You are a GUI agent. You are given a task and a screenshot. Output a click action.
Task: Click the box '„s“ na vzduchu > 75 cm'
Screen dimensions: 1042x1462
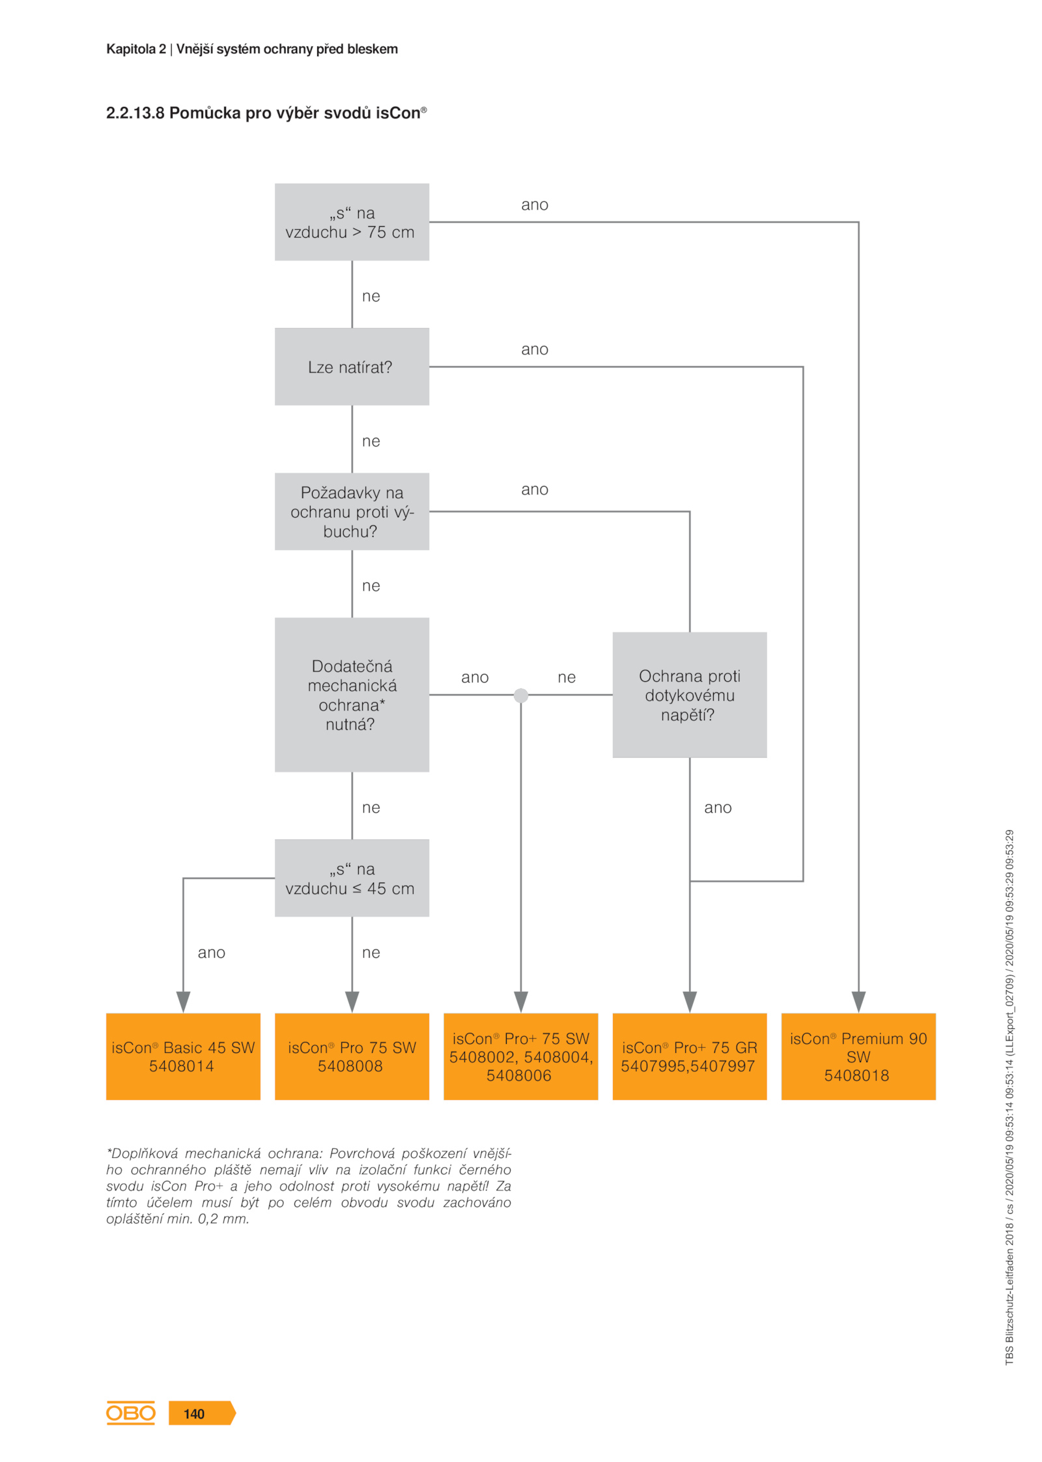point(352,222)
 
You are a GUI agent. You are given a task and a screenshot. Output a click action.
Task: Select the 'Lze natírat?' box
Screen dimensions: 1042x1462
point(352,367)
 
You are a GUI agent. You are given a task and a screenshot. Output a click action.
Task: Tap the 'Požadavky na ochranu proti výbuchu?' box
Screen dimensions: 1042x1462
point(352,511)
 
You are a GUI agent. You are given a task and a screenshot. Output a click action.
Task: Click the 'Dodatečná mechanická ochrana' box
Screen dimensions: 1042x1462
point(352,695)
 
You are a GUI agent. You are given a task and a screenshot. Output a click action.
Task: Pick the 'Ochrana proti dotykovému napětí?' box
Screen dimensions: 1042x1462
point(690,695)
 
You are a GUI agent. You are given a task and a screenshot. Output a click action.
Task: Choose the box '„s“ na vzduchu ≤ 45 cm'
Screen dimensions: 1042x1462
point(352,878)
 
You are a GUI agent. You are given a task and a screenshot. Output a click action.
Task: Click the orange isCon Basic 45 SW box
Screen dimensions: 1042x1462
point(183,1056)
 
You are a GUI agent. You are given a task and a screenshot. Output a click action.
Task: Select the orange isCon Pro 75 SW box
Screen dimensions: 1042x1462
point(352,1056)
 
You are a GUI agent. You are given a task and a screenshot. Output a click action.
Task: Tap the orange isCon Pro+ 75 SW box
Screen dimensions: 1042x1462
point(521,1056)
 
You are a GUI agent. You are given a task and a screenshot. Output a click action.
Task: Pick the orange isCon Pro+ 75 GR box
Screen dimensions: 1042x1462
point(690,1056)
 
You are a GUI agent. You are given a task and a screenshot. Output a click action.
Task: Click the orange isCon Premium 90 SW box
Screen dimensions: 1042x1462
point(858,1056)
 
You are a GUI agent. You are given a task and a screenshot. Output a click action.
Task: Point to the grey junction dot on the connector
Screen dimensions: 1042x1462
point(521,696)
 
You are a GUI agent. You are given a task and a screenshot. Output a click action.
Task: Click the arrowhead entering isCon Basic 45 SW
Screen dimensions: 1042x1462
point(183,1002)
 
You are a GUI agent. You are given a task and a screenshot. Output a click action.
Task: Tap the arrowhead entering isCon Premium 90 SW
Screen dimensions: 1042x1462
point(858,1002)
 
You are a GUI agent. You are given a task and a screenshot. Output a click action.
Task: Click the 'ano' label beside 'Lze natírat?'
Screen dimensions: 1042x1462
point(535,350)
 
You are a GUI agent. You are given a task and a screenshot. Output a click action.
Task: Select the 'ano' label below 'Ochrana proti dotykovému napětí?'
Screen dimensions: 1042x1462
point(718,808)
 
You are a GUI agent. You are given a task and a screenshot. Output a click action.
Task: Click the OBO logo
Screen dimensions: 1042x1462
point(131,1413)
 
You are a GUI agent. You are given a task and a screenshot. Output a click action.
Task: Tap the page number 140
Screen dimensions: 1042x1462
point(194,1414)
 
